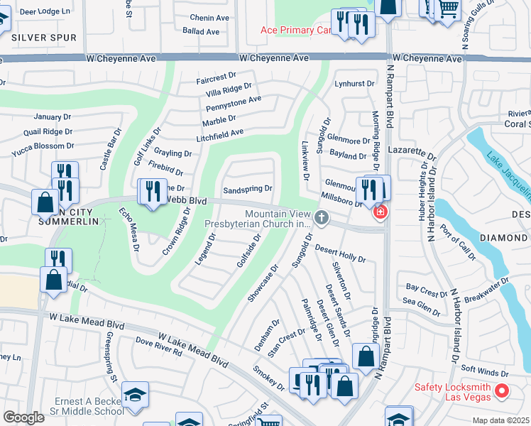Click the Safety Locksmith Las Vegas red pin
click(502, 390)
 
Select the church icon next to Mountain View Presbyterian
click(322, 218)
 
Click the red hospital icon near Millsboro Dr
click(381, 212)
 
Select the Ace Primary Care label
click(297, 30)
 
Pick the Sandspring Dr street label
click(248, 190)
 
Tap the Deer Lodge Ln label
click(45, 12)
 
